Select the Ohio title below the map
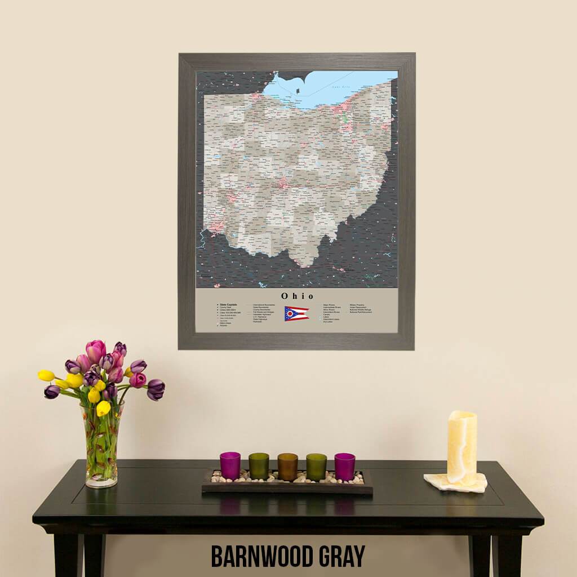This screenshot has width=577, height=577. point(297,296)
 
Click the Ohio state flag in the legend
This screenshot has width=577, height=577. point(296,313)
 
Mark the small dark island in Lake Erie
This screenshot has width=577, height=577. point(298,85)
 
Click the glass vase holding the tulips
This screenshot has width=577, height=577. point(102,445)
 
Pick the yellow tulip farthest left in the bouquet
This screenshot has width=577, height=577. point(46,375)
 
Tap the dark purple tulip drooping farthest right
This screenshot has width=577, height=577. point(156,389)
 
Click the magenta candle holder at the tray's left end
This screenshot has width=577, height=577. point(230,465)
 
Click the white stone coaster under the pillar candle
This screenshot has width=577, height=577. point(455,482)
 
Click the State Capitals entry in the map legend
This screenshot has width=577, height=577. point(228,304)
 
